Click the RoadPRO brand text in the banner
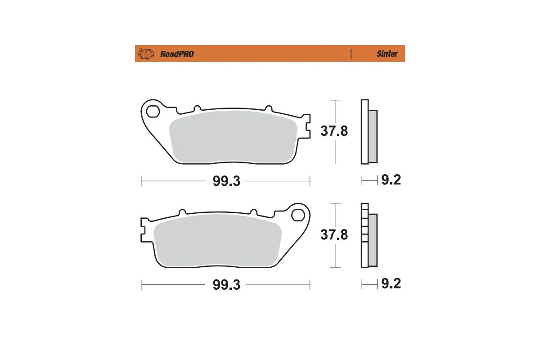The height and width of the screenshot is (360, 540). click(x=177, y=54)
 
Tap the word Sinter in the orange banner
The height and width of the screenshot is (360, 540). click(x=387, y=54)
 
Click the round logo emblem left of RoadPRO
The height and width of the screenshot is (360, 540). click(x=146, y=54)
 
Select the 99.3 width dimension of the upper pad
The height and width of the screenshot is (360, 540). click(x=226, y=181)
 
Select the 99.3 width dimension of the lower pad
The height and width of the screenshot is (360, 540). click(x=226, y=285)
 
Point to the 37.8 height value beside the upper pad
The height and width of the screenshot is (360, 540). click(x=334, y=131)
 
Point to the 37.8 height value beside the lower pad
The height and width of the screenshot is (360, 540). click(x=334, y=235)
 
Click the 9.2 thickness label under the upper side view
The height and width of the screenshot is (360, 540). click(x=391, y=180)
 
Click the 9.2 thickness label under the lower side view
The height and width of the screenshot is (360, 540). click(x=391, y=284)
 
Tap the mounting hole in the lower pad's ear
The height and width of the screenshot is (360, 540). click(x=297, y=215)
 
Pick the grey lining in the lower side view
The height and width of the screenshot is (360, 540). click(x=373, y=240)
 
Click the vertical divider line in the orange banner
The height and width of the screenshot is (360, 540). click(x=351, y=54)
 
